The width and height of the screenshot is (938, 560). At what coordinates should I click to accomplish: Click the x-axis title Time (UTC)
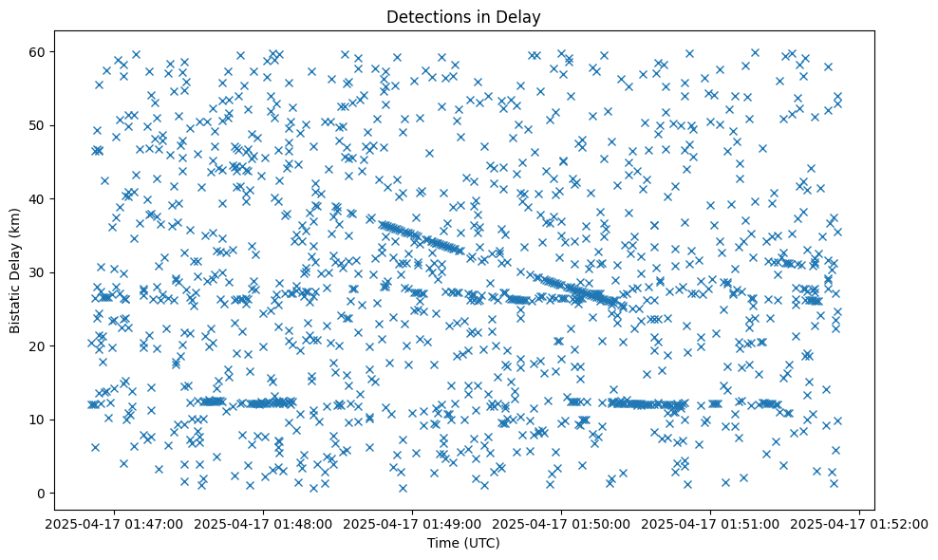(x=464, y=543)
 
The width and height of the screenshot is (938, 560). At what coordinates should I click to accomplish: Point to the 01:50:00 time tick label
(x=561, y=523)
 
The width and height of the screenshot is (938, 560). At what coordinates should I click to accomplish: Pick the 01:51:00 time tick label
(x=710, y=523)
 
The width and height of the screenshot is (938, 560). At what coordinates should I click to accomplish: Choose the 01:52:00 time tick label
(x=859, y=523)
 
